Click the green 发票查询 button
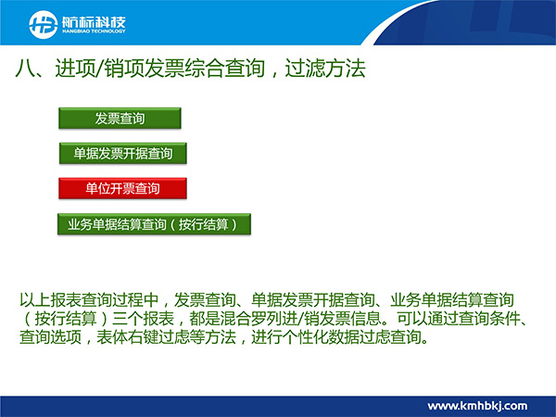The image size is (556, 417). [120, 118]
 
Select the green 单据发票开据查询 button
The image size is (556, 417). [122, 153]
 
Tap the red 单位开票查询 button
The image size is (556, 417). [122, 188]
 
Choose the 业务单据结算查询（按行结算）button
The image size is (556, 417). [154, 224]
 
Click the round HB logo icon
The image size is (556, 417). [44, 24]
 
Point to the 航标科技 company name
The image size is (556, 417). [94, 22]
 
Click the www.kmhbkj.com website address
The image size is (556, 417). [477, 406]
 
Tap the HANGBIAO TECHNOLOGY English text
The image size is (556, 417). [94, 32]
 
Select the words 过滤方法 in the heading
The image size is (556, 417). [325, 69]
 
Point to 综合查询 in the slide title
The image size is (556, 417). [225, 69]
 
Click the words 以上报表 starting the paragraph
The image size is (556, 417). [50, 300]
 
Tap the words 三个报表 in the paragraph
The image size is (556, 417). [143, 318]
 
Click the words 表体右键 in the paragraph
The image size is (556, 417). [127, 336]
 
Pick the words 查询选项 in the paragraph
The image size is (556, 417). [50, 336]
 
